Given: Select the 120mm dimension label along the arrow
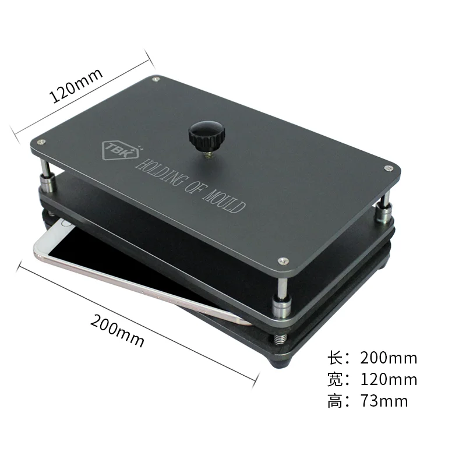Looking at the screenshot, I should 76,85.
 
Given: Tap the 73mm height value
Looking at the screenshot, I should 384,401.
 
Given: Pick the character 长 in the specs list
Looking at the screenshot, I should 337,358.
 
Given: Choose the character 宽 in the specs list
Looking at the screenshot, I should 337,379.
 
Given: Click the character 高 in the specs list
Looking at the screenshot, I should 337,401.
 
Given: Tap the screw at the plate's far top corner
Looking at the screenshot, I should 156,78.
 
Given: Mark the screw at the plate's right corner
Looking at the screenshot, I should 388,168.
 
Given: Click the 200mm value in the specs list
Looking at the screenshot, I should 389,358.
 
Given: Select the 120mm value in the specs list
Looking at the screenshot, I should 389,379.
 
